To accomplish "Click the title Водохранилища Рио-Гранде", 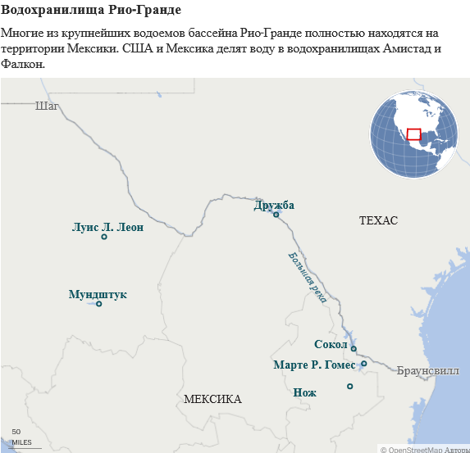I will (91, 11).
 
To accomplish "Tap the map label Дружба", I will (274, 205).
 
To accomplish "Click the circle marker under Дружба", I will (276, 215).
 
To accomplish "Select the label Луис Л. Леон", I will (107, 226).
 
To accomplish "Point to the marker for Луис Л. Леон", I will (104, 237).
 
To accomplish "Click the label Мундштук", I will (98, 293).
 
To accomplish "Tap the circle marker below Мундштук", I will (99, 304).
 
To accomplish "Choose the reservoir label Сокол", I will (331, 344).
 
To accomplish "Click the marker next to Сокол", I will (354, 349).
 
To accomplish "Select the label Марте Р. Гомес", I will (314, 365).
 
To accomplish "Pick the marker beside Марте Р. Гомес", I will (363, 364).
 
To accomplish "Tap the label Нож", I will (304, 392).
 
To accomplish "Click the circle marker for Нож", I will (349, 386).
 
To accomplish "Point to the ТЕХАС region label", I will (378, 221).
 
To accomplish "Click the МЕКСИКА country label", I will (212, 399).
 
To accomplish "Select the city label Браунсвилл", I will (427, 370).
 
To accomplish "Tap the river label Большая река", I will (308, 277).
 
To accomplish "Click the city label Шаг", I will (48, 105).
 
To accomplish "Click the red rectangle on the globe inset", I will (413, 134).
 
